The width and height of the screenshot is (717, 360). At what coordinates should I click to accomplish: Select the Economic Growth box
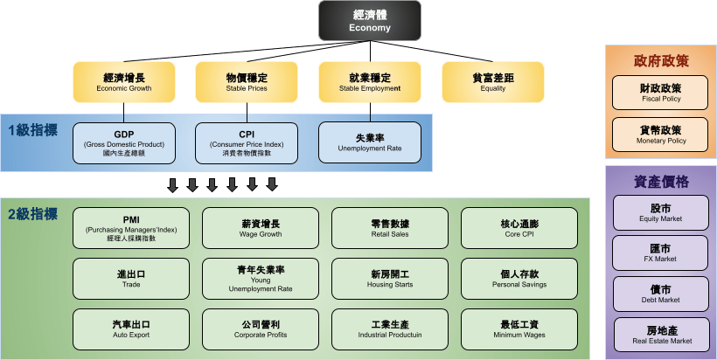pyautogui.click(x=123, y=82)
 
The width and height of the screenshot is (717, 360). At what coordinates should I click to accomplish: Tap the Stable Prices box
pyautogui.click(x=247, y=82)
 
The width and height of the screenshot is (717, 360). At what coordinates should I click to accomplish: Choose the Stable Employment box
pyautogui.click(x=369, y=82)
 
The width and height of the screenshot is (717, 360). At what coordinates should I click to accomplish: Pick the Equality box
pyautogui.click(x=492, y=82)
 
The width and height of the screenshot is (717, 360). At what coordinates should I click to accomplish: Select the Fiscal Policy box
pyautogui.click(x=661, y=93)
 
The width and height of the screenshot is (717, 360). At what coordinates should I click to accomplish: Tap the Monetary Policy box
pyautogui.click(x=661, y=135)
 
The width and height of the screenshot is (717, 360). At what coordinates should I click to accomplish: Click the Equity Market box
pyautogui.click(x=661, y=213)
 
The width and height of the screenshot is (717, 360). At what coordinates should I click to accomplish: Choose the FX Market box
pyautogui.click(x=661, y=253)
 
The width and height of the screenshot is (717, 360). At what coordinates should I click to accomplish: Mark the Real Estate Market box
pyautogui.click(x=661, y=335)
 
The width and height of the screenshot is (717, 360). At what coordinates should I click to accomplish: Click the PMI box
pyautogui.click(x=131, y=228)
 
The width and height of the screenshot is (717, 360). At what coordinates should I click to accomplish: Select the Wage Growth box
pyautogui.click(x=261, y=228)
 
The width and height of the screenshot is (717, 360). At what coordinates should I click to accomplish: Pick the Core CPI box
pyautogui.click(x=519, y=228)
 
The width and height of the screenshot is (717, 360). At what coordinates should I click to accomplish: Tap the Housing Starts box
pyautogui.click(x=390, y=279)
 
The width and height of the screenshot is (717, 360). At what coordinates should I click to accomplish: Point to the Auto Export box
pyautogui.click(x=131, y=329)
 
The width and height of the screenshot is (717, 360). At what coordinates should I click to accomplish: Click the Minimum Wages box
pyautogui.click(x=519, y=329)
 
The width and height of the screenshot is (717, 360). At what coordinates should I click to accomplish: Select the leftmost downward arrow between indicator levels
pyautogui.click(x=172, y=184)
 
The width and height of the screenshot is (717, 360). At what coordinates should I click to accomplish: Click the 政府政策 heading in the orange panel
pyautogui.click(x=661, y=61)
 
